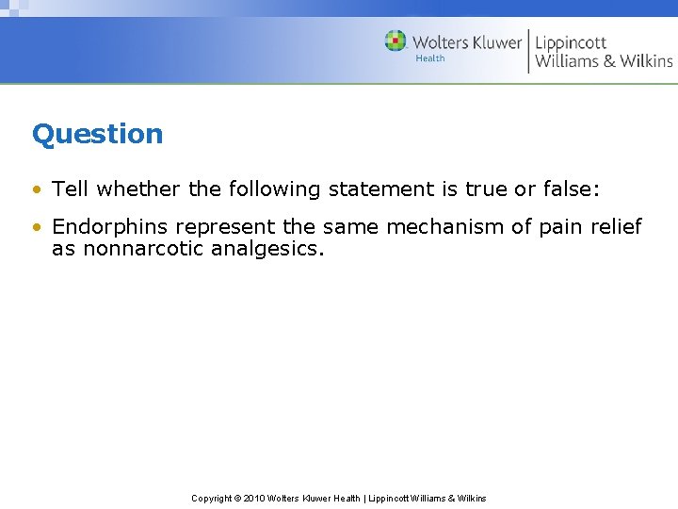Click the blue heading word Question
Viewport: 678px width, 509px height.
point(97,134)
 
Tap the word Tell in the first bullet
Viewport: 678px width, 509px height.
point(71,189)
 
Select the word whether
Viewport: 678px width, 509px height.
point(138,189)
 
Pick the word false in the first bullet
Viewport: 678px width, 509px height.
point(561,189)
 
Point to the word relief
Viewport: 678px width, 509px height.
point(614,227)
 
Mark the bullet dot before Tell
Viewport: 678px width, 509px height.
point(37,189)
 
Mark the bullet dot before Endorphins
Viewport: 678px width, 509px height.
point(37,228)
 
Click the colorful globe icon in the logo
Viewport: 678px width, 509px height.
point(395,41)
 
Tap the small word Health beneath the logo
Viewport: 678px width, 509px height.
point(429,58)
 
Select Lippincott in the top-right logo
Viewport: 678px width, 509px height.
point(572,42)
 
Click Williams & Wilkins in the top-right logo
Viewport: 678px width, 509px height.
point(604,61)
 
